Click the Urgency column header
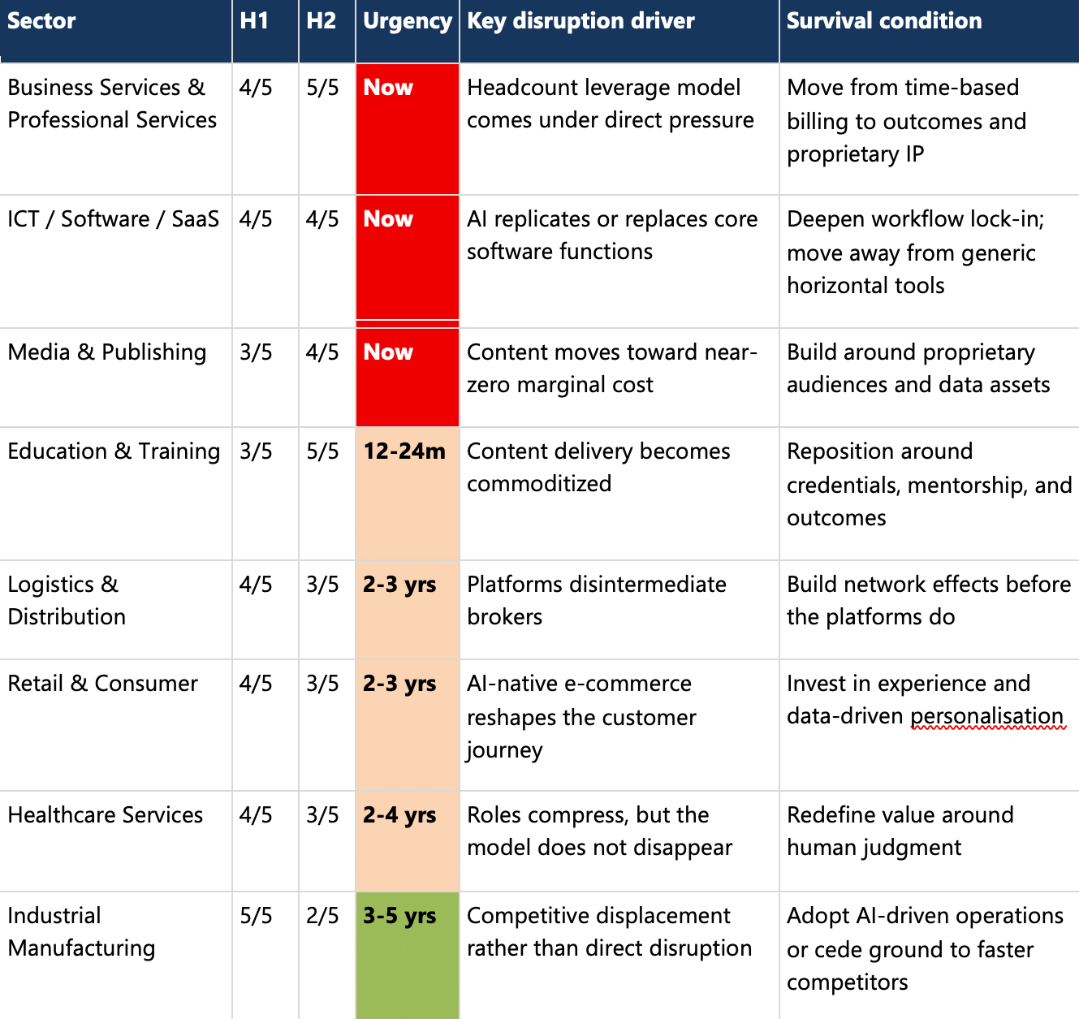click(x=407, y=21)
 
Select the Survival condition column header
click(x=884, y=21)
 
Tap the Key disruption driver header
click(x=581, y=21)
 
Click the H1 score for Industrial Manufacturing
click(x=256, y=916)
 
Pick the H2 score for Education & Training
click(x=322, y=451)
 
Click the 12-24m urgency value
click(x=404, y=451)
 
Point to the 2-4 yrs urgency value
click(x=399, y=815)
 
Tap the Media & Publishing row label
click(x=107, y=352)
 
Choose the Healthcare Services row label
click(x=106, y=815)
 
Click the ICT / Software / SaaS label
click(x=114, y=219)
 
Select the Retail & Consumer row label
click(x=103, y=684)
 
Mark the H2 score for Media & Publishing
click(x=322, y=352)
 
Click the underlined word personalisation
click(x=986, y=716)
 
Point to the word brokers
click(x=504, y=617)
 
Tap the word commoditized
click(x=539, y=484)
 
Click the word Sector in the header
click(x=41, y=21)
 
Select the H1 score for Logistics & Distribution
click(x=256, y=585)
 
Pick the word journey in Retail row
click(x=504, y=750)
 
